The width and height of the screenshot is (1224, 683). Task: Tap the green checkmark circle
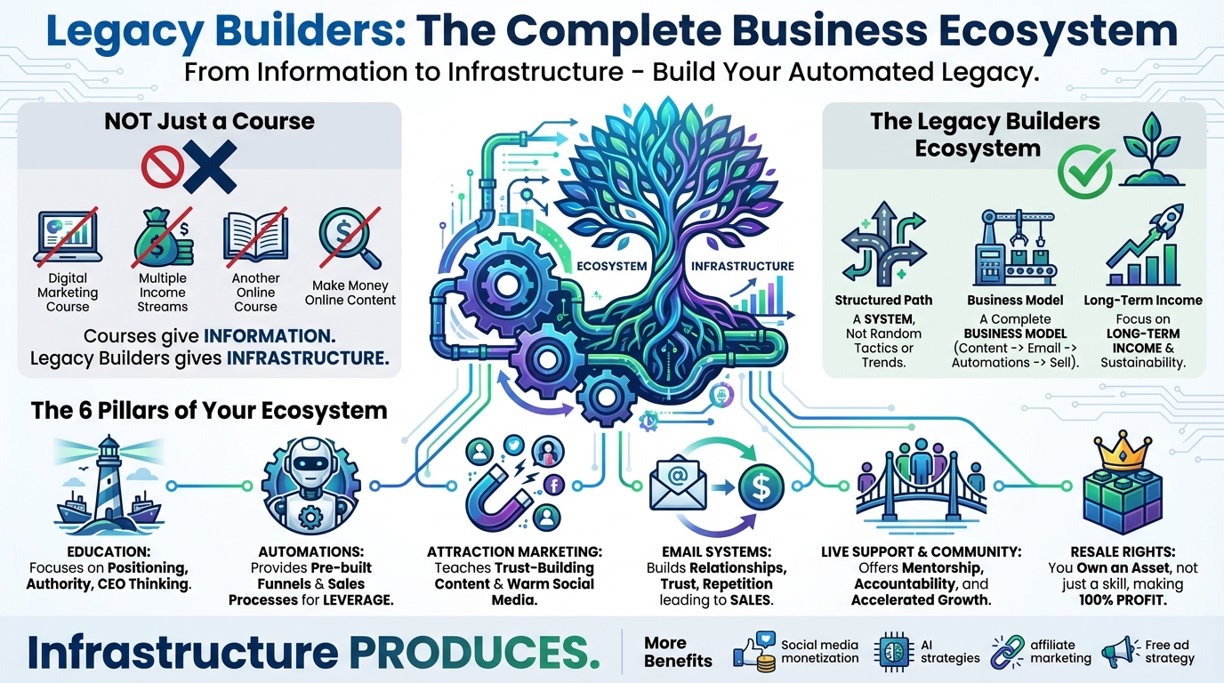coord(1084,171)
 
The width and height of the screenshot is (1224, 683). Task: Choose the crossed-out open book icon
coord(255,236)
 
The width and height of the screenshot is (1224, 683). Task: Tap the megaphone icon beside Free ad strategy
coord(1120,652)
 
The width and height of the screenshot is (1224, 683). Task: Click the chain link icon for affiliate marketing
coord(1008,652)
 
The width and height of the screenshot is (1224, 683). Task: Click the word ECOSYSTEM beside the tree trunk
coord(611,266)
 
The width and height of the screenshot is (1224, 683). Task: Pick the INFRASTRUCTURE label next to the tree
coord(742,266)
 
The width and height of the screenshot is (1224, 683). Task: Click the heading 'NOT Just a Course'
coord(210,121)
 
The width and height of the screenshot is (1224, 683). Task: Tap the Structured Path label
coord(883,301)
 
